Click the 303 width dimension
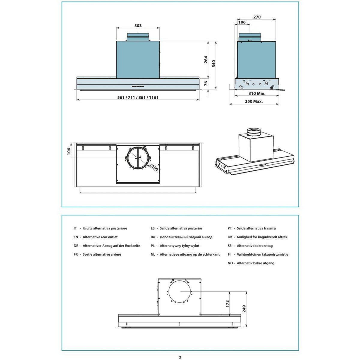tap(138, 26)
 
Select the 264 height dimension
tap(206, 60)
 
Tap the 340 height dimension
tap(214, 64)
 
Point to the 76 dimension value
tap(206, 84)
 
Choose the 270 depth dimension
tap(257, 17)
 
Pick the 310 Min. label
tap(257, 93)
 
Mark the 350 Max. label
tap(254, 101)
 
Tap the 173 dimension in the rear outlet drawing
tap(227, 304)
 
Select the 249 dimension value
tap(244, 309)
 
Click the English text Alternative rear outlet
tap(100, 237)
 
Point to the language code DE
tap(76, 246)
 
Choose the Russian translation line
tap(186, 237)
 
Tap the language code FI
tap(229, 254)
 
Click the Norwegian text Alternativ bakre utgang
tap(255, 263)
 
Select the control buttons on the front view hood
tap(137, 87)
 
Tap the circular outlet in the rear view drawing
tap(180, 292)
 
